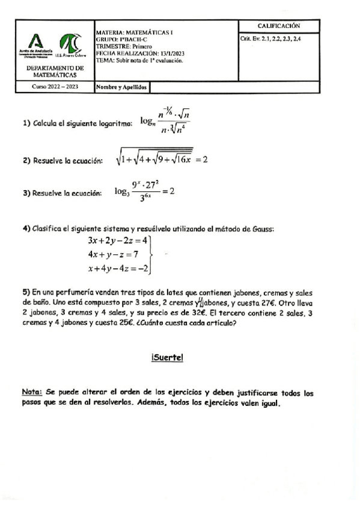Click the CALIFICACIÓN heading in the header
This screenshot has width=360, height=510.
pos(279,26)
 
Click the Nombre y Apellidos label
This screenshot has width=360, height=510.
pos(121,87)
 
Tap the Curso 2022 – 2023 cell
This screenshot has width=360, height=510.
pos(55,87)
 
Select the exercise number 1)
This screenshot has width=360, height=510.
pos(26,124)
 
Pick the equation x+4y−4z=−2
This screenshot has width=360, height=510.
pos(118,268)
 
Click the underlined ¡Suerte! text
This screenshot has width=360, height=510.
pos(168,358)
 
